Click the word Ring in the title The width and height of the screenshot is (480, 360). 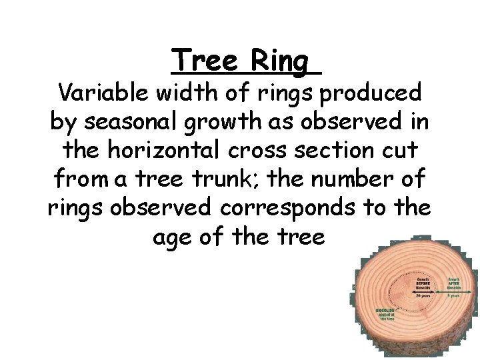click(280, 63)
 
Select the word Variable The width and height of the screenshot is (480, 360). click(101, 92)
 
